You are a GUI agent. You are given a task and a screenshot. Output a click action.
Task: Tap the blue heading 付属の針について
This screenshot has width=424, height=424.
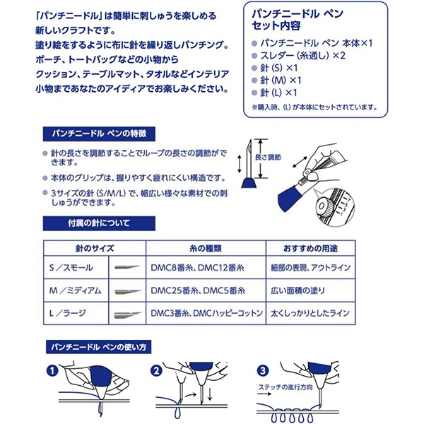pos(79,224)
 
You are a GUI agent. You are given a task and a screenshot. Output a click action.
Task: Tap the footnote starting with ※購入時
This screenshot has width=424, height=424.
pos(319,107)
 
